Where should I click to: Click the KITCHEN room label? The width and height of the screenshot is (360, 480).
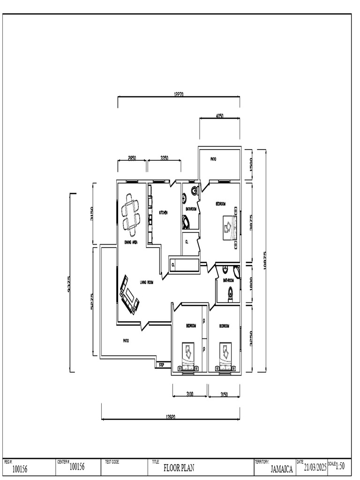(163, 212)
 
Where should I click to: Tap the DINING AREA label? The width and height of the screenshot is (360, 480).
(131, 242)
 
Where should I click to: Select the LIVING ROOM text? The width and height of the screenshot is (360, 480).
(147, 282)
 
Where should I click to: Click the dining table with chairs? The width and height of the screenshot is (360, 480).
(131, 215)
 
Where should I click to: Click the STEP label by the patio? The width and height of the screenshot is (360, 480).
(162, 364)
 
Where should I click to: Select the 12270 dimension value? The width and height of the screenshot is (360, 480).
(178, 94)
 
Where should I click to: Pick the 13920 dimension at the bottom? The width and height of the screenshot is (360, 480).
(170, 417)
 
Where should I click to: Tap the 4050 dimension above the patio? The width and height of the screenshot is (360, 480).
(219, 116)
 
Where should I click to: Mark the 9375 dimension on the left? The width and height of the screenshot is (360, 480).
(70, 283)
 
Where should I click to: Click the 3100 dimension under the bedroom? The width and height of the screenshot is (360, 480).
(189, 394)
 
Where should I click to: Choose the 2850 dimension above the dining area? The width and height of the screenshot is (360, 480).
(132, 158)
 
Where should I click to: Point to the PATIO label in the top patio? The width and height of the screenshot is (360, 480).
(213, 159)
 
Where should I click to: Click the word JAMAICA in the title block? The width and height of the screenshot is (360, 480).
(282, 468)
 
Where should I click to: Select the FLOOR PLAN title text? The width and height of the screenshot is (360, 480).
(179, 467)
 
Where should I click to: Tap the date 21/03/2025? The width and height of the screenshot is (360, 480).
(315, 467)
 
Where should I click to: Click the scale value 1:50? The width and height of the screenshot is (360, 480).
(340, 466)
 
